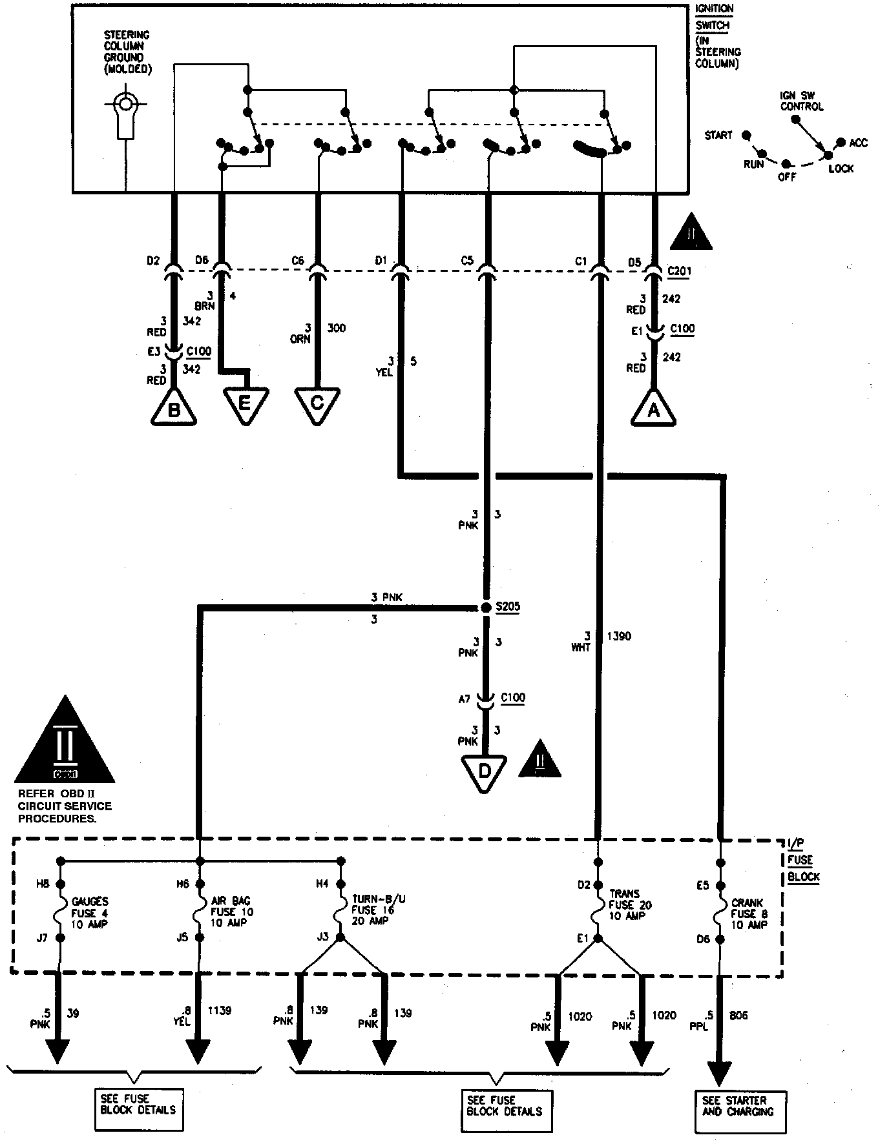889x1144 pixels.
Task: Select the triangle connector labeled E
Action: click(x=244, y=403)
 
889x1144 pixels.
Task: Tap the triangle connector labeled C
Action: click(x=317, y=403)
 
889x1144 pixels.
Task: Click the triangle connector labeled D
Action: click(x=484, y=771)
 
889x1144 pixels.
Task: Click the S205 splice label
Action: click(x=507, y=607)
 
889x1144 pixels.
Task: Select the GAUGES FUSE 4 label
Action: click(x=90, y=912)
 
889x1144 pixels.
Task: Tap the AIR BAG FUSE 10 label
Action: click(x=231, y=912)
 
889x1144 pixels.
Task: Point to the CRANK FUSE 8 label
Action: click(x=748, y=914)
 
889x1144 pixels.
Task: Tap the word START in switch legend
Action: click(x=718, y=135)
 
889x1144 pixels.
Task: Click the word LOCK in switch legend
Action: click(x=841, y=169)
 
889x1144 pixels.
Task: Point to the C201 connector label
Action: click(x=678, y=271)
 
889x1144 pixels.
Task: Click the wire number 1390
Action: click(x=619, y=636)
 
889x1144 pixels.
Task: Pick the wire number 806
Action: click(x=738, y=1015)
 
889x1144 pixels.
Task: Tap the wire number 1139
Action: click(x=219, y=1010)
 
